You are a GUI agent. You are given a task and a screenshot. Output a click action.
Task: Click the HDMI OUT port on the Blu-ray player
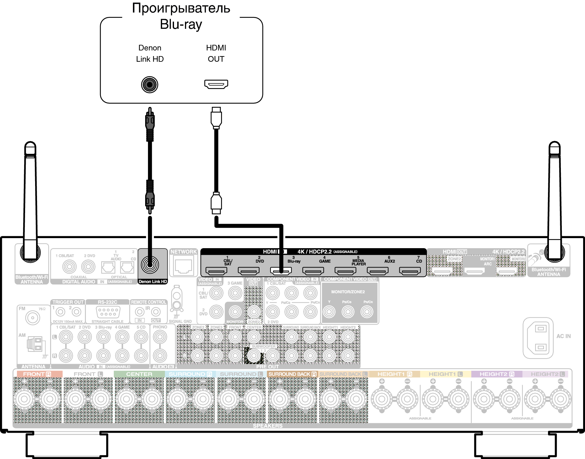point(216,84)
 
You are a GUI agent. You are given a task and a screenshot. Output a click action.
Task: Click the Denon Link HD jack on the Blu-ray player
point(150,85)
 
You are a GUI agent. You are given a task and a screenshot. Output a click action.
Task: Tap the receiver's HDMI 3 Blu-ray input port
point(281,271)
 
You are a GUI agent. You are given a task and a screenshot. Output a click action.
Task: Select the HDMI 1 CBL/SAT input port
point(216,271)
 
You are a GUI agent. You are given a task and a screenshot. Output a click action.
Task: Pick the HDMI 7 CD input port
point(410,271)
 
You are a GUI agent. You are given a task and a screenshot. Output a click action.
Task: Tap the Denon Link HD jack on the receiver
point(150,265)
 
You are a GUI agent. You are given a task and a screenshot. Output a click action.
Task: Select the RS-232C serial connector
point(108,312)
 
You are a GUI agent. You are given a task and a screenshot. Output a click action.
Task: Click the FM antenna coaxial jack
point(32,318)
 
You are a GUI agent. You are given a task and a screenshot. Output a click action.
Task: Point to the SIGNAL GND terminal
point(177,301)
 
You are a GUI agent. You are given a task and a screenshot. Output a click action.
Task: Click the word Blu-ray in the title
point(181,24)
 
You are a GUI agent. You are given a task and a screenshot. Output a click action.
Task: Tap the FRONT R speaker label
point(37,374)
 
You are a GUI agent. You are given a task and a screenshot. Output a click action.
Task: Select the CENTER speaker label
point(139,374)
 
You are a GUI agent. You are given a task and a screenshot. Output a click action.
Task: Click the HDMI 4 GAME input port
point(313,271)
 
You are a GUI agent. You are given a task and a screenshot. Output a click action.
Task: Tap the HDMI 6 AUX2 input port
point(377,271)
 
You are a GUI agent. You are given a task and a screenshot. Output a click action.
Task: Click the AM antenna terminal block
point(34,344)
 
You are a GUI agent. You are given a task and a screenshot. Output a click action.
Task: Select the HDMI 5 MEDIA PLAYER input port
point(345,271)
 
